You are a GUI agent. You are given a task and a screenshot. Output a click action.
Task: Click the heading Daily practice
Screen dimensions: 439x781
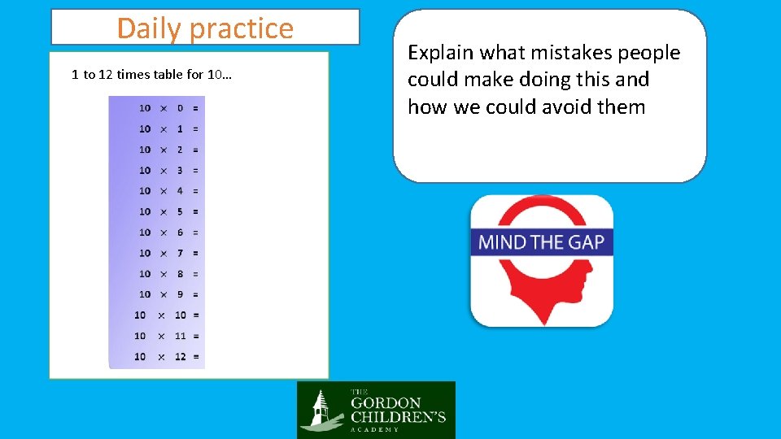[x=205, y=28]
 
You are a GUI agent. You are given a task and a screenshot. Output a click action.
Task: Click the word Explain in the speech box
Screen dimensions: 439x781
[x=441, y=53]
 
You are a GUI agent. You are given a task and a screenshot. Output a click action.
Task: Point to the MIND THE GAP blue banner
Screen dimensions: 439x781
[x=542, y=241]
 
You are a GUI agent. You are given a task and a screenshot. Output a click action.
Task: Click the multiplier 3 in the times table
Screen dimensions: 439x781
[x=180, y=171]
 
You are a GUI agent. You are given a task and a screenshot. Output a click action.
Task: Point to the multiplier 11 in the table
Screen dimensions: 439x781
[x=181, y=336]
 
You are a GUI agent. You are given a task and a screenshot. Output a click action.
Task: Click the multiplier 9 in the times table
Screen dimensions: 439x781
[x=180, y=294]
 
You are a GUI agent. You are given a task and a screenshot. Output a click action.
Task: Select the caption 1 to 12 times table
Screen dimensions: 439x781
[x=151, y=75]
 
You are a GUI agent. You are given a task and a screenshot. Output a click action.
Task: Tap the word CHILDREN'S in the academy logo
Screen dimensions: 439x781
[x=398, y=417]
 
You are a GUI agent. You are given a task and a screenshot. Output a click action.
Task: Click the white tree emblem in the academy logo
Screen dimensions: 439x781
[x=321, y=411]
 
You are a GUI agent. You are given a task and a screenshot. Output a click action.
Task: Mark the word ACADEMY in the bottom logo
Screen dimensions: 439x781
[x=375, y=429]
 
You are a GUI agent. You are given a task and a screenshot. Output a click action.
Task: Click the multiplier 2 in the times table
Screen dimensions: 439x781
[x=180, y=150]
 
